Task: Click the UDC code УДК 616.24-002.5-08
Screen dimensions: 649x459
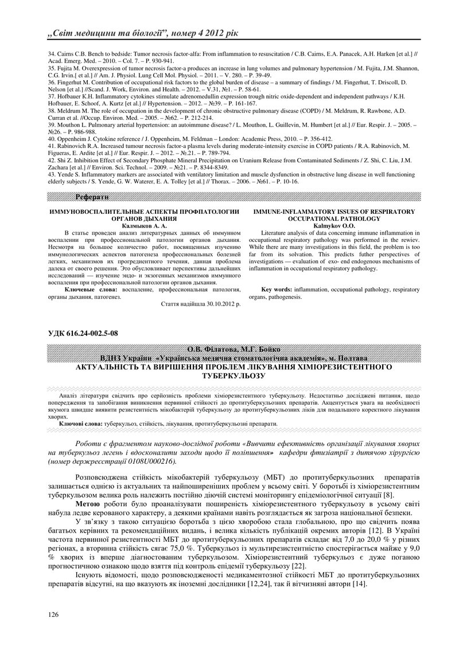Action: [x=83, y=333]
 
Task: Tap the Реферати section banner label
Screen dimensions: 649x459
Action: [x=92, y=197]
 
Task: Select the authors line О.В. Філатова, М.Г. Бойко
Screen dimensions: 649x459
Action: [x=231, y=349]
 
